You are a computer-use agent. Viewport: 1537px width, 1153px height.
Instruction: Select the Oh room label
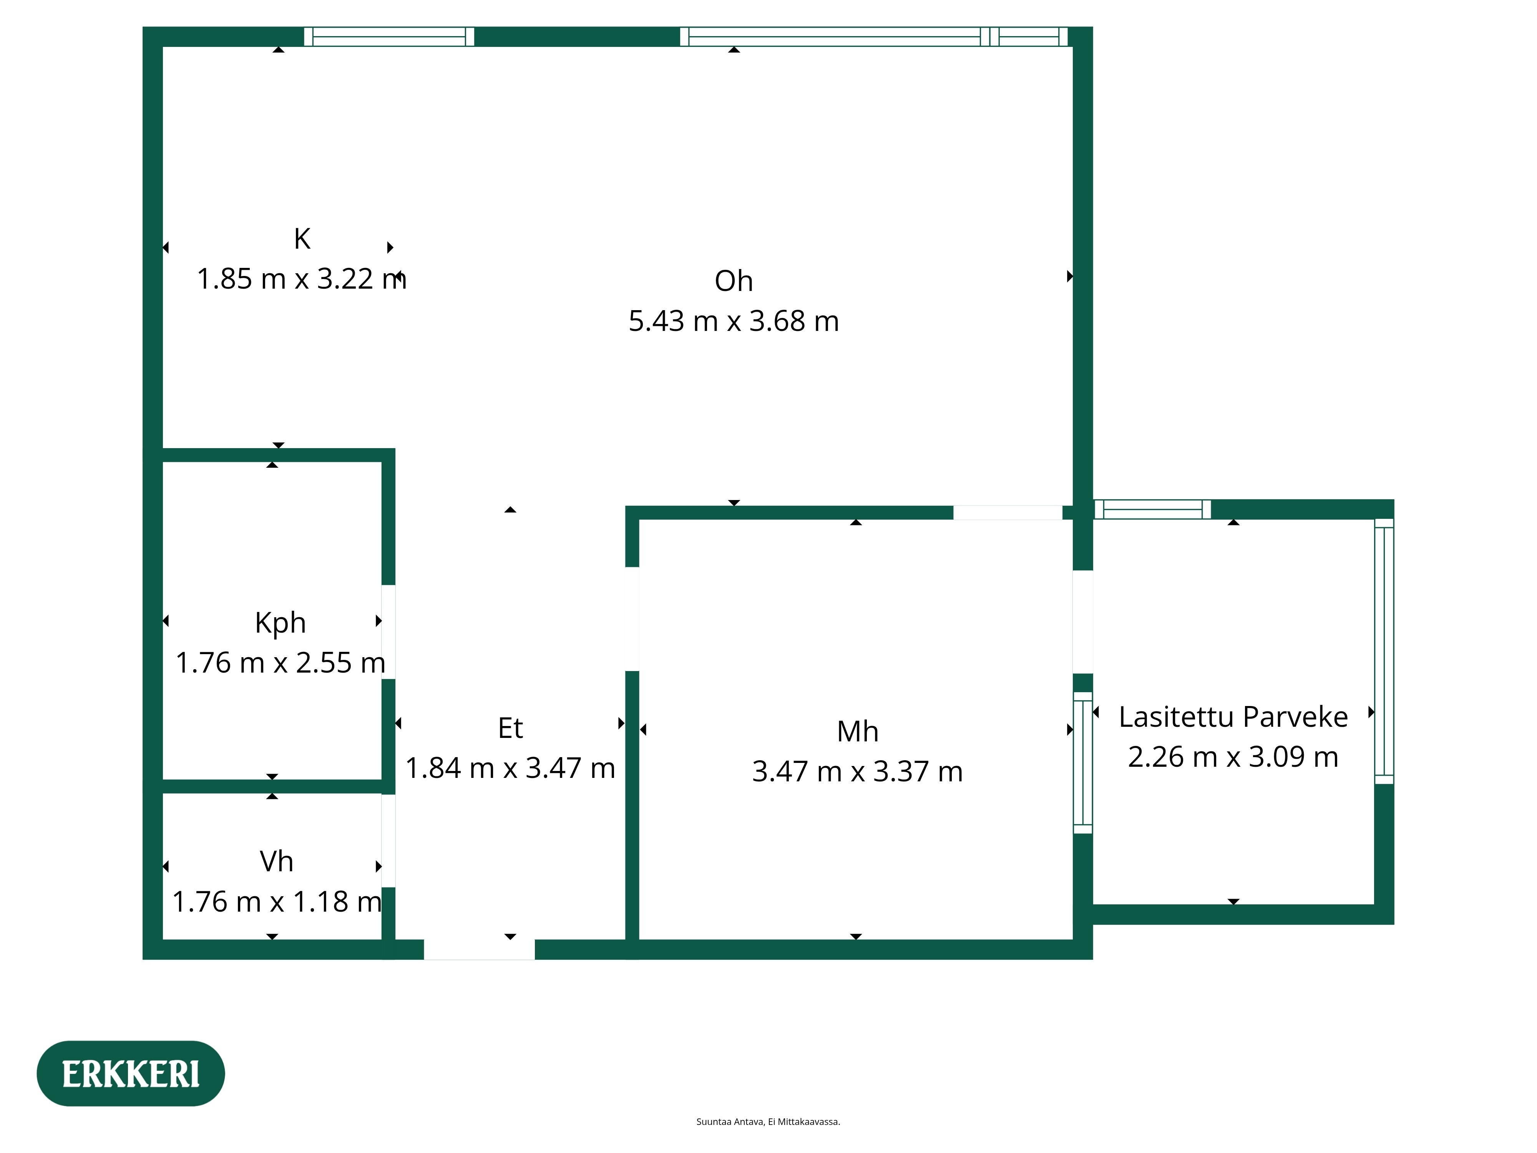[x=734, y=281]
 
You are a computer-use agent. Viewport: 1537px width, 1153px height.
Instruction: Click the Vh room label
[x=277, y=862]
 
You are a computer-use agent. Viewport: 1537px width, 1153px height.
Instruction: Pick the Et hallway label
[x=511, y=728]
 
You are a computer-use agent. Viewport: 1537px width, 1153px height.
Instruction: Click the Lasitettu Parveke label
[x=1233, y=716]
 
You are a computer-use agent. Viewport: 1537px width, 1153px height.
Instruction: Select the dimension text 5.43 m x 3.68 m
[x=734, y=321]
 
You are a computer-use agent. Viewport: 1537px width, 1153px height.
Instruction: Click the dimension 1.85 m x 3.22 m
[x=302, y=279]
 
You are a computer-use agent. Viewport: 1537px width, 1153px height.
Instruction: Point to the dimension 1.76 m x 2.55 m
[x=280, y=663]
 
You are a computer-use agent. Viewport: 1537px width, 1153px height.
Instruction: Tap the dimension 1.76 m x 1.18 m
[x=277, y=902]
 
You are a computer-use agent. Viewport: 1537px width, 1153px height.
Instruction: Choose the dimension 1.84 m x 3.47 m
[x=511, y=768]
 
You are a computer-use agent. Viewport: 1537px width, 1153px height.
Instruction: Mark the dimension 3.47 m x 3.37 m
[x=857, y=771]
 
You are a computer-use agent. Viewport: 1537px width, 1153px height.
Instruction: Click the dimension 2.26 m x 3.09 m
[x=1233, y=757]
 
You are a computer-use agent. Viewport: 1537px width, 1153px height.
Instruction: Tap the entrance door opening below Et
[x=480, y=949]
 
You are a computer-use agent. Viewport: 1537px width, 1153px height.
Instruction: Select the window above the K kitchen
[x=389, y=37]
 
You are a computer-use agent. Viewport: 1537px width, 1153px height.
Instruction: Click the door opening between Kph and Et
[x=388, y=633]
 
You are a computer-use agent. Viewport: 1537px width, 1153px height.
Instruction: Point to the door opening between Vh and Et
[x=388, y=841]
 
